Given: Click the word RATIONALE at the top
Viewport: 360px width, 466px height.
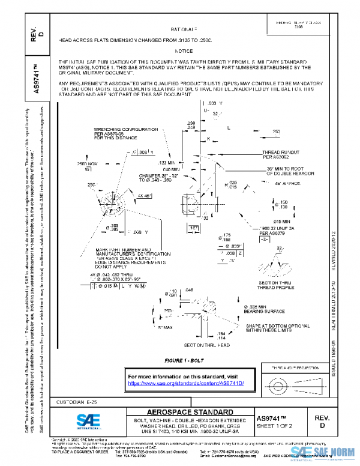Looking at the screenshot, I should (x=184, y=28).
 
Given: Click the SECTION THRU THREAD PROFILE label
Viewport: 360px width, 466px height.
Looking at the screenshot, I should (x=275, y=285).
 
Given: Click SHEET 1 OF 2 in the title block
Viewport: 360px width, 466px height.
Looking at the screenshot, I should (x=274, y=426).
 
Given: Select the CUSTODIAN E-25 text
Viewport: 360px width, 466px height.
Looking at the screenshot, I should (x=63, y=401).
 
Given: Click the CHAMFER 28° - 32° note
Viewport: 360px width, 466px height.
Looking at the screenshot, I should (x=151, y=177).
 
